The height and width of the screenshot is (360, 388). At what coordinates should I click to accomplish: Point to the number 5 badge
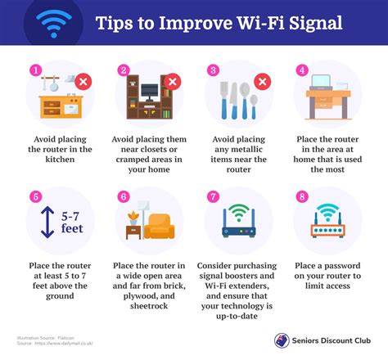pyautogui.click(x=35, y=196)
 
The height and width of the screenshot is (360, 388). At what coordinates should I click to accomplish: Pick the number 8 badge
pyautogui.click(x=301, y=196)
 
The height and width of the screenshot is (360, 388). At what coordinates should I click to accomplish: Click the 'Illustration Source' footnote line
pyautogui.click(x=43, y=336)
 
